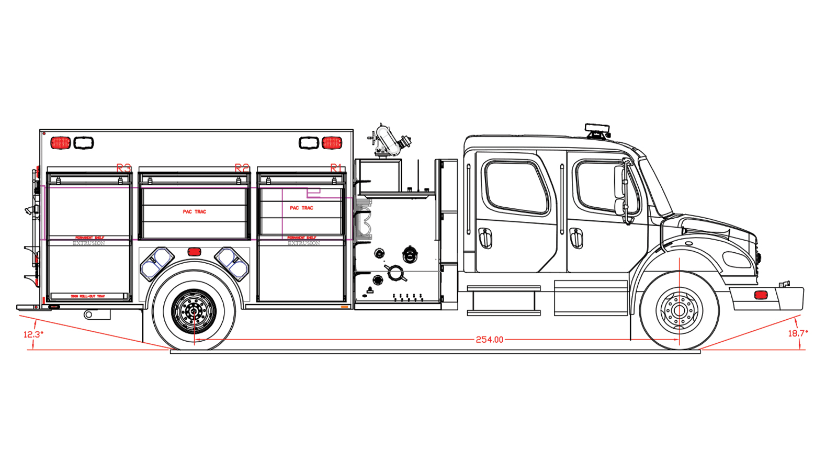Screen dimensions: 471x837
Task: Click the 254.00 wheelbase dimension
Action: pos(489,340)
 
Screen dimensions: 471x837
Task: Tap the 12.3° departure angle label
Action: pos(33,334)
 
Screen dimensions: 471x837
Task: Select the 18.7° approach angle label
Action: pos(798,333)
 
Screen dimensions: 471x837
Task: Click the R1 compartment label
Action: pos(336,168)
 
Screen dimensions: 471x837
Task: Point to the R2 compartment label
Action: pos(242,168)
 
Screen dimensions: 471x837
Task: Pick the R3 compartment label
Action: pos(123,168)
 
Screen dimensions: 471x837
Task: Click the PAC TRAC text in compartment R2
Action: pos(195,212)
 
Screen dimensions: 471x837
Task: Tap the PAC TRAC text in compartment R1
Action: pos(301,208)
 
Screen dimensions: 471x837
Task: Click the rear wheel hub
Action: pos(194,311)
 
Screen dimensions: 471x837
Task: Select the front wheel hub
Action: pos(679,311)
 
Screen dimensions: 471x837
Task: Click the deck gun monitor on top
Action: pos(388,140)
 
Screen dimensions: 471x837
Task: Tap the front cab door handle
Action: pos(576,238)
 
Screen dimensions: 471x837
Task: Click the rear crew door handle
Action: pos(485,238)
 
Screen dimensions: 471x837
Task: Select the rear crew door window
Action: pos(516,187)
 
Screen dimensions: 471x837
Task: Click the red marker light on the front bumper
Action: pos(761,295)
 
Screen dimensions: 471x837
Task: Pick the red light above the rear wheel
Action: pos(194,252)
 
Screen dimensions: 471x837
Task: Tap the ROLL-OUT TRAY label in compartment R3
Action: pos(88,297)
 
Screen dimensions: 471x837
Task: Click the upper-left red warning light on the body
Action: pos(60,143)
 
